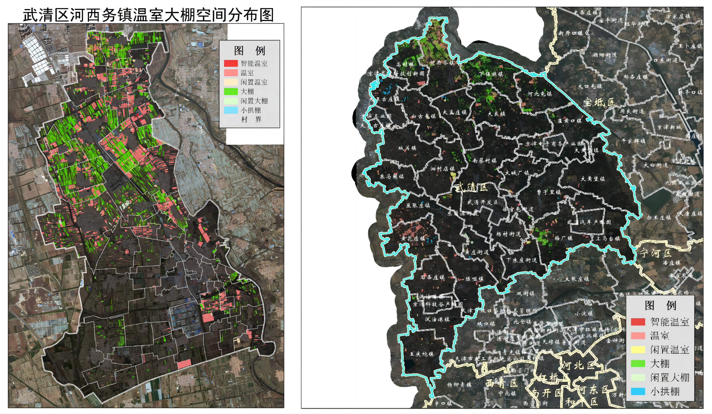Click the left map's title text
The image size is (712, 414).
[148, 15]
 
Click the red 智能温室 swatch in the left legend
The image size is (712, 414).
[231, 63]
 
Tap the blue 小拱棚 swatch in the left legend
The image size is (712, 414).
[231, 110]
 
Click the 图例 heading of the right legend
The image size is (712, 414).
[660, 305]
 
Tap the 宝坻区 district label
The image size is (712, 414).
[599, 102]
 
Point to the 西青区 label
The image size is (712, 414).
[501, 383]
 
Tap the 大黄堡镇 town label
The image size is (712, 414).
[593, 179]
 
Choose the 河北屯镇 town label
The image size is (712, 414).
[540, 94]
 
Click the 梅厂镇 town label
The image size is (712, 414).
[563, 238]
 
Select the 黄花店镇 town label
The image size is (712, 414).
[413, 238]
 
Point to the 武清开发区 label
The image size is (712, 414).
[483, 202]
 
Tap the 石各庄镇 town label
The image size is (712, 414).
[433, 277]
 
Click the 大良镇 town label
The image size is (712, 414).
[496, 114]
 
